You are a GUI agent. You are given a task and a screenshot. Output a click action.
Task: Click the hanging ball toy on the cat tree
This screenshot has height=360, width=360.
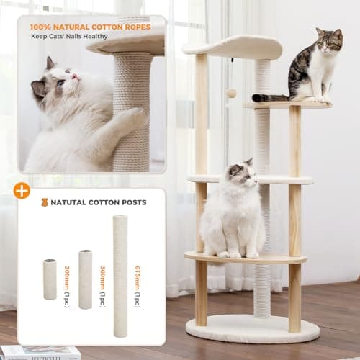pyautogui.click(x=232, y=93)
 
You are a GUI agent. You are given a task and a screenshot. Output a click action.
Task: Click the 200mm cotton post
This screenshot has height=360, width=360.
pyautogui.click(x=50, y=279)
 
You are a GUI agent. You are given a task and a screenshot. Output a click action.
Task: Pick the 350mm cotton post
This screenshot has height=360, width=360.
pyautogui.click(x=85, y=279)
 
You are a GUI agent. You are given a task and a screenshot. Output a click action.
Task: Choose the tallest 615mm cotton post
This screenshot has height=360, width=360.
pyautogui.click(x=120, y=276)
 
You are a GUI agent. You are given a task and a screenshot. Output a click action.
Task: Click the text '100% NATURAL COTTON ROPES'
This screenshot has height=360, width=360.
pyautogui.click(x=90, y=27)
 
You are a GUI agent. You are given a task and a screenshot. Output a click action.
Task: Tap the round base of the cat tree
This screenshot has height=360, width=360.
pyautogui.click(x=252, y=329)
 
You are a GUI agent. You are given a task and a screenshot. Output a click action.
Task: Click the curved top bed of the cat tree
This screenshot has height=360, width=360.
pyautogui.click(x=234, y=47)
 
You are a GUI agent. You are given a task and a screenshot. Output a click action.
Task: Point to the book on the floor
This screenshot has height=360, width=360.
pyautogui.click(x=40, y=353)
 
